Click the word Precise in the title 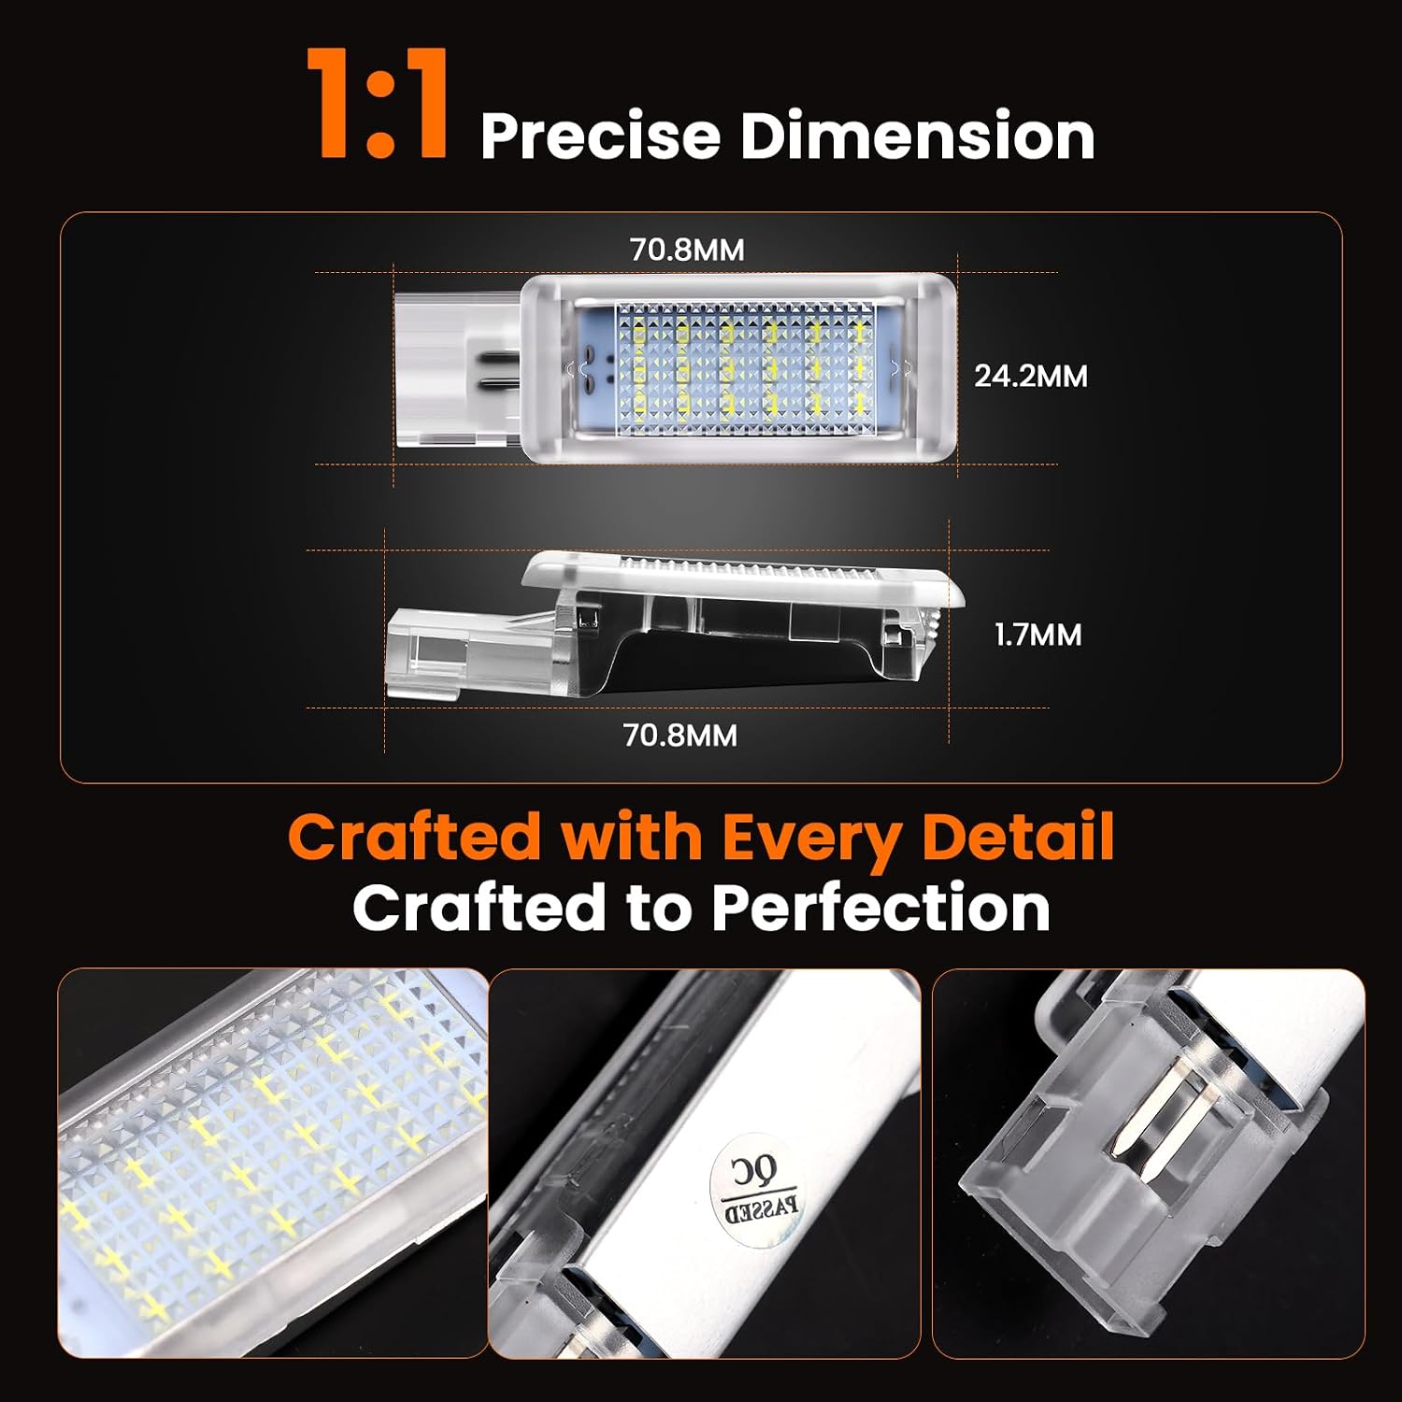(600, 136)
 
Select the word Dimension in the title (917, 136)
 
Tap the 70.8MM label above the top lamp (687, 250)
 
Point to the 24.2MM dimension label (1031, 377)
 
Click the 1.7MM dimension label (1037, 636)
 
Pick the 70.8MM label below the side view (680, 736)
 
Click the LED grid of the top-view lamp (746, 368)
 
